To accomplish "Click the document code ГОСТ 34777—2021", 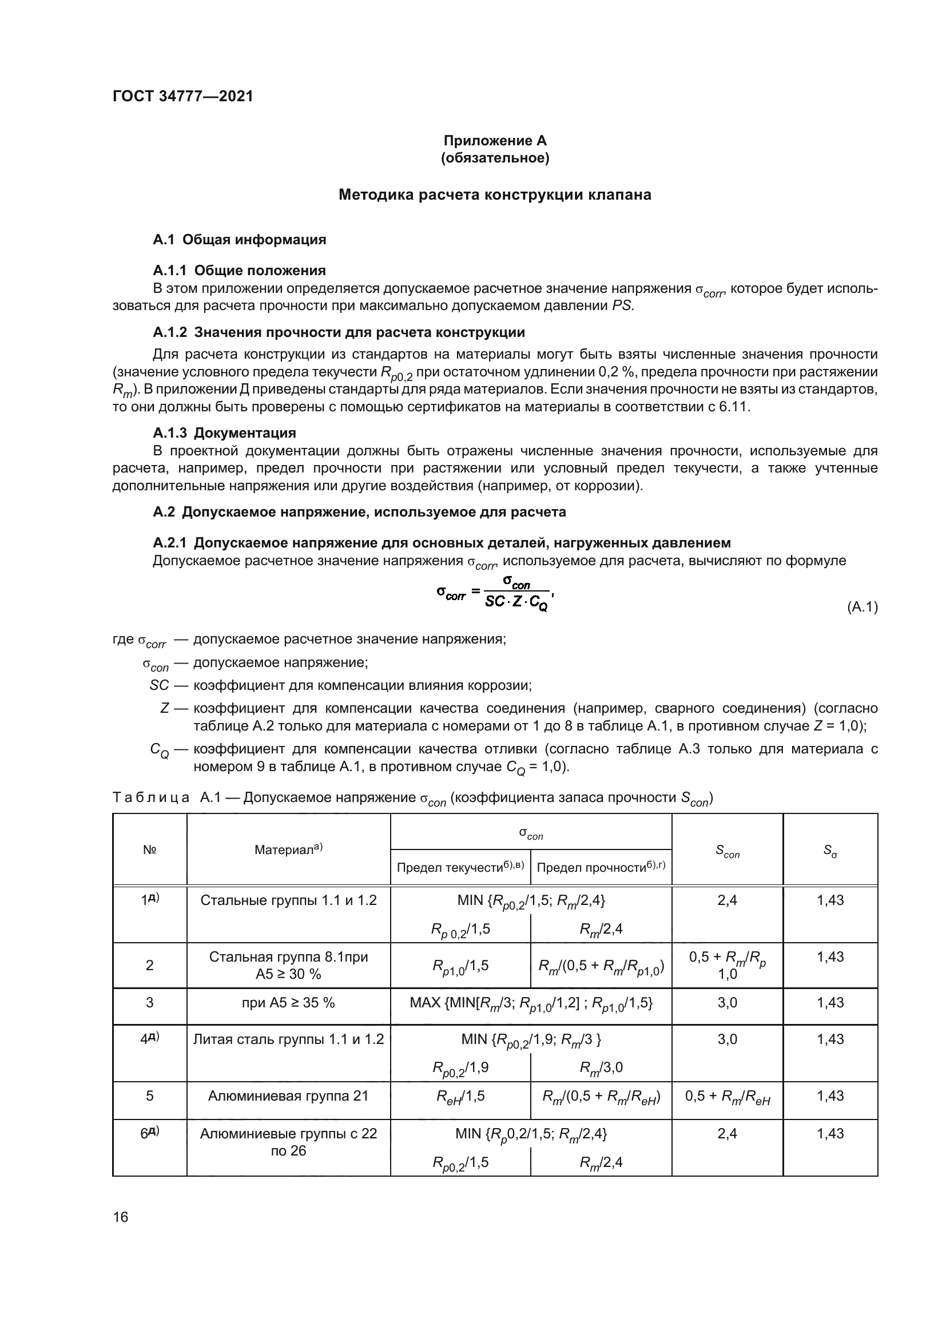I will [x=182, y=97].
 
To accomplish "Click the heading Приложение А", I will [x=495, y=141].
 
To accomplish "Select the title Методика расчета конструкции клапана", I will [x=495, y=194].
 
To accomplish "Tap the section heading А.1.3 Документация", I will [x=224, y=432].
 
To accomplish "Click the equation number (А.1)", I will [x=861, y=608].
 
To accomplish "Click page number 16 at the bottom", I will [x=121, y=1217].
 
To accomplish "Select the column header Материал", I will [x=288, y=849].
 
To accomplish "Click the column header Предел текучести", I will [x=460, y=868].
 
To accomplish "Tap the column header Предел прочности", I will [x=601, y=868].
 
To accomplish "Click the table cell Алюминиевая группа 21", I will [x=288, y=1095].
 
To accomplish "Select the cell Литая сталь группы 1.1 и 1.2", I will [x=288, y=1039].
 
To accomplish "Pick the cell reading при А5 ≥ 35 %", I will [x=288, y=1002].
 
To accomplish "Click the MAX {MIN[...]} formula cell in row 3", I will [x=531, y=1003].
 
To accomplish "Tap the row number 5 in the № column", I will [x=150, y=1095].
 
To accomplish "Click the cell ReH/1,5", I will [x=460, y=1097].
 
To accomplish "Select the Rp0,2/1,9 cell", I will [x=460, y=1067].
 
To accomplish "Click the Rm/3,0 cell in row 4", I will [x=601, y=1067].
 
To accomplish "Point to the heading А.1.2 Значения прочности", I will [x=339, y=332].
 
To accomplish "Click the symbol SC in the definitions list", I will [x=159, y=685].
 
